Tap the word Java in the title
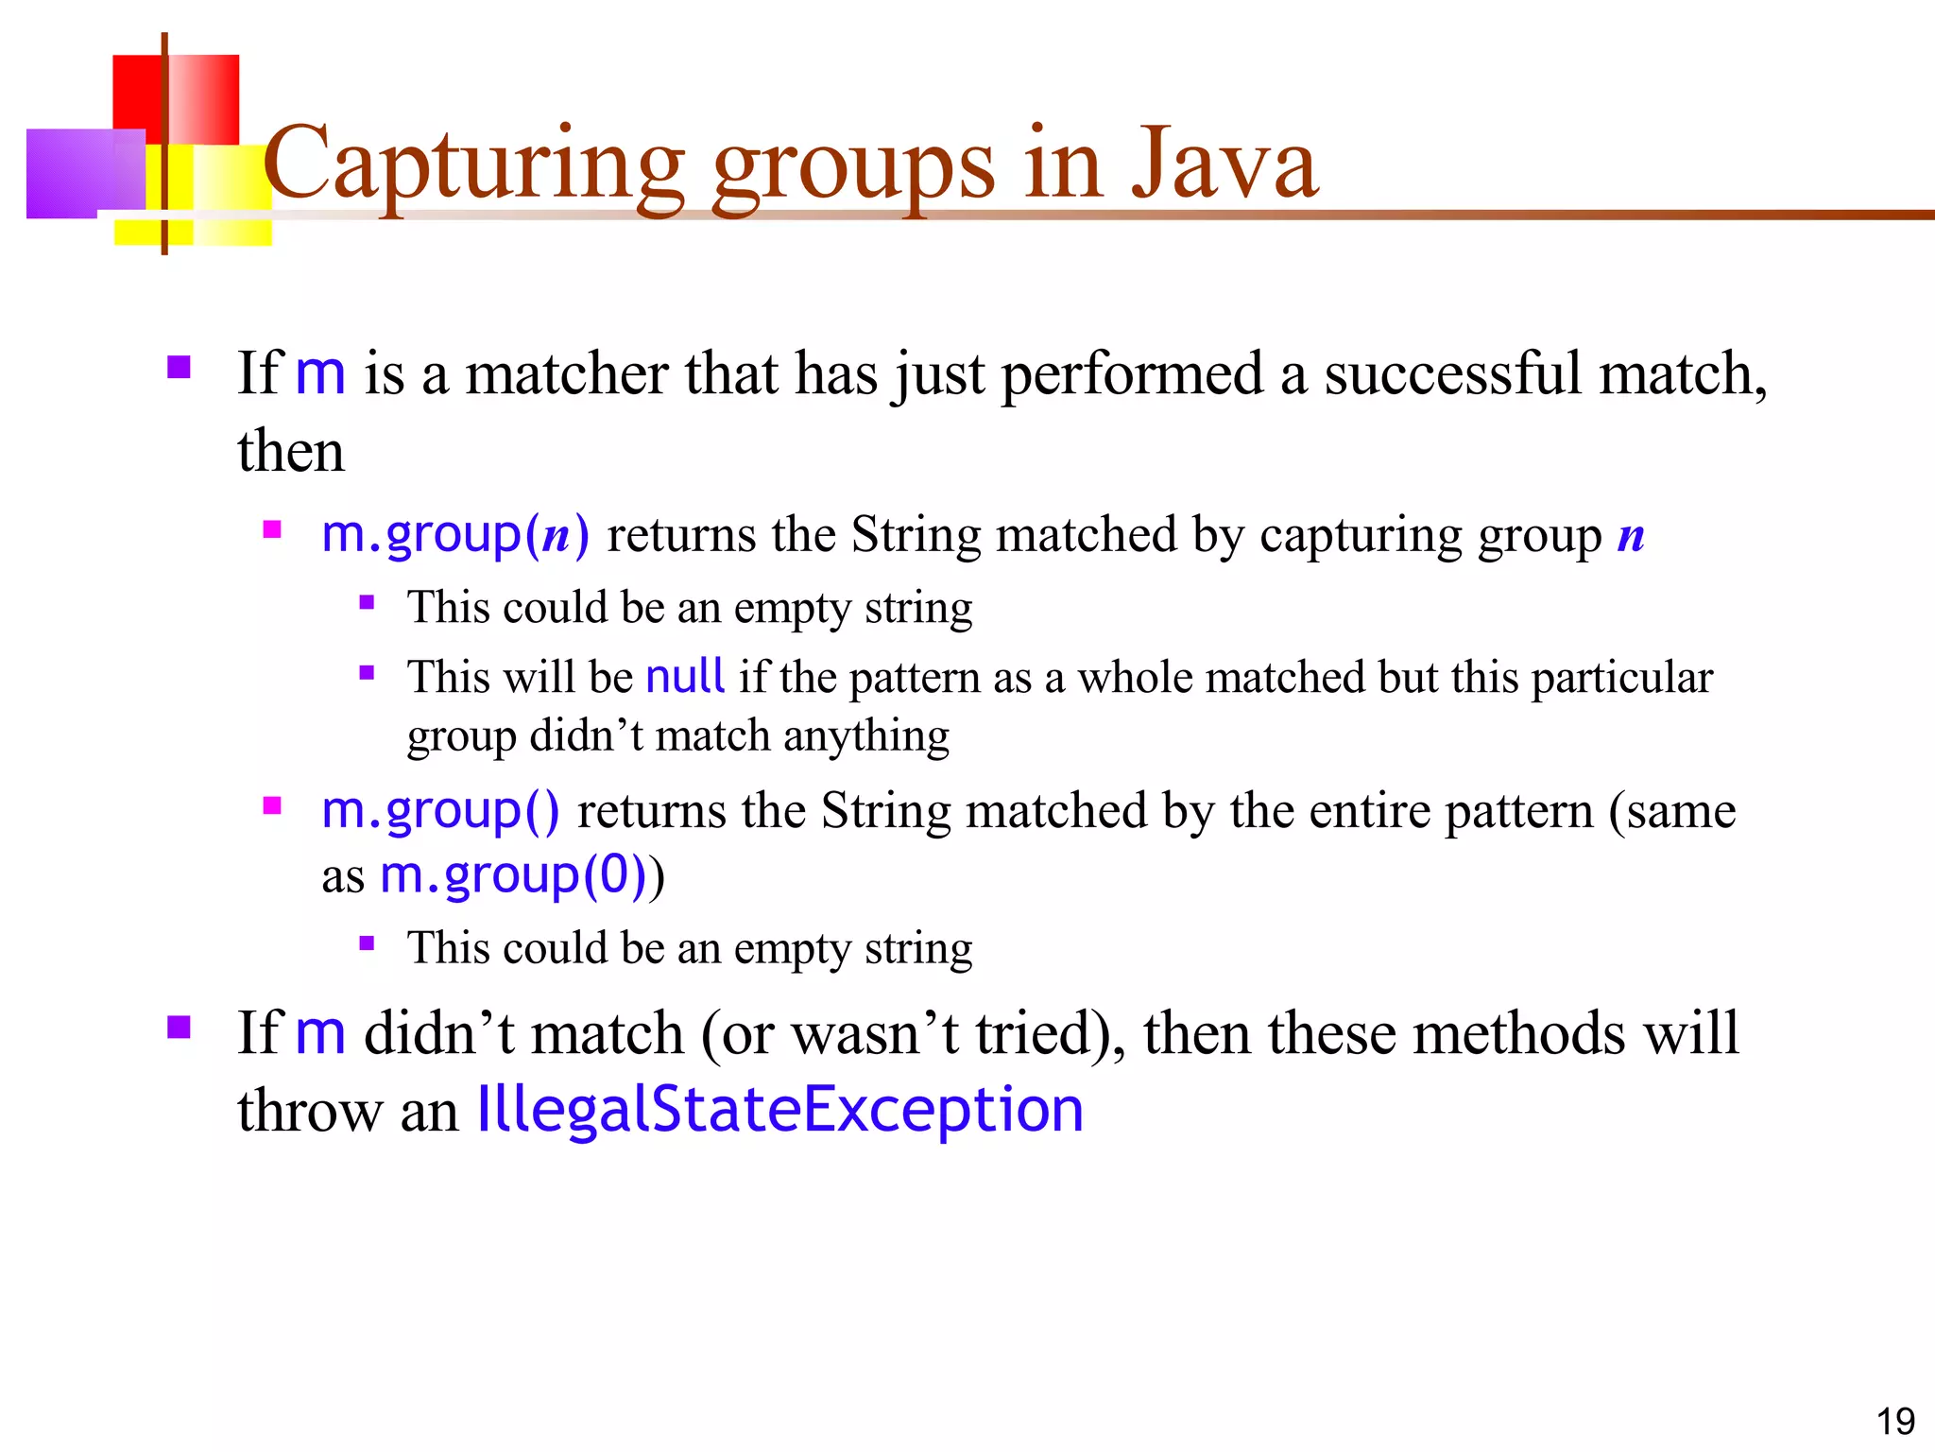[1224, 165]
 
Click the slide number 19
[1894, 1421]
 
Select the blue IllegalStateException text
[780, 1110]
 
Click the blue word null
[685, 677]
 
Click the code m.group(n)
[455, 535]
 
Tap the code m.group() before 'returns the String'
[440, 810]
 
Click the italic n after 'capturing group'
[1631, 537]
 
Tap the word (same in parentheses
[1672, 810]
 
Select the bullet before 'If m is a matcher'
[179, 367]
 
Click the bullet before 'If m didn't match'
[179, 1027]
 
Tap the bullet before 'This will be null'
[368, 673]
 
